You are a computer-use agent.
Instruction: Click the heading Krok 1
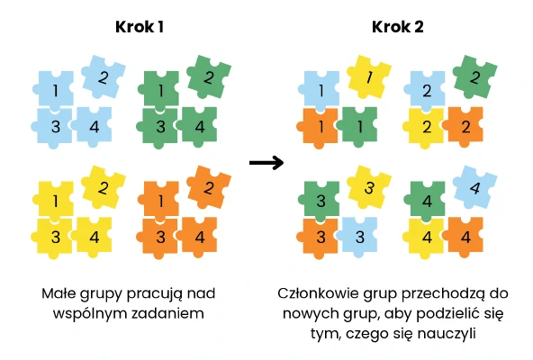pyautogui.click(x=140, y=27)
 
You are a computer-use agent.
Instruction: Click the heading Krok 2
pyautogui.click(x=398, y=27)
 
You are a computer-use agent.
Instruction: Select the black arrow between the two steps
pyautogui.click(x=266, y=163)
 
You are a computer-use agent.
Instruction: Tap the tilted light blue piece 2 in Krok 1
pyautogui.click(x=104, y=76)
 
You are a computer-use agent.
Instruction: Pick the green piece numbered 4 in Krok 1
pyautogui.click(x=199, y=127)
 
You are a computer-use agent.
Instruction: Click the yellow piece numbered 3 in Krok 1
pyautogui.click(x=54, y=237)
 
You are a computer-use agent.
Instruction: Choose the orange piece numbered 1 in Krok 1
pyautogui.click(x=159, y=201)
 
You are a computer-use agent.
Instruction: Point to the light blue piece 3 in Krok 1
pyautogui.click(x=54, y=127)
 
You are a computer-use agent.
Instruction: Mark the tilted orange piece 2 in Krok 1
pyautogui.click(x=209, y=187)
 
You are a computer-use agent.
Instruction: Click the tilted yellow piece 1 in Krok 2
pyautogui.click(x=369, y=77)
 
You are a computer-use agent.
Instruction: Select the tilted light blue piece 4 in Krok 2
pyautogui.click(x=474, y=187)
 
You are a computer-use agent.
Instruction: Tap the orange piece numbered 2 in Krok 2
pyautogui.click(x=465, y=127)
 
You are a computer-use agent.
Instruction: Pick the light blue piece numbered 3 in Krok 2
pyautogui.click(x=358, y=237)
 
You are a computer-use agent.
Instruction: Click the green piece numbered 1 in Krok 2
pyautogui.click(x=358, y=127)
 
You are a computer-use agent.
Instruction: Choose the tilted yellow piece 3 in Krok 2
pyautogui.click(x=369, y=187)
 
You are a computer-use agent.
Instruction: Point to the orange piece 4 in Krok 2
pyautogui.click(x=465, y=237)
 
